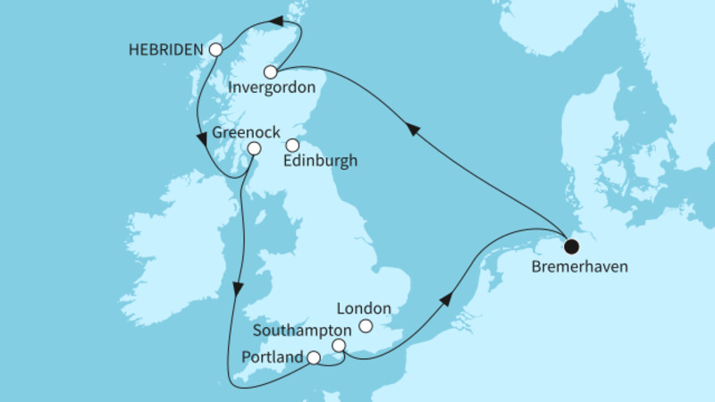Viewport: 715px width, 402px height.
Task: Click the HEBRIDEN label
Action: (167, 50)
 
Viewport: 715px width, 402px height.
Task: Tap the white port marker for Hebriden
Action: (214, 51)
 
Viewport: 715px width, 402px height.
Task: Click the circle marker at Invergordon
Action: (270, 71)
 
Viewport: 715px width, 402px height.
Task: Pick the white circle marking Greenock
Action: (254, 148)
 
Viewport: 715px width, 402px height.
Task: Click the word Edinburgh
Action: (319, 162)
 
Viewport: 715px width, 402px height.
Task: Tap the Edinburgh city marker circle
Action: (291, 145)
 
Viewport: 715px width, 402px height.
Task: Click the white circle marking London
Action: (366, 327)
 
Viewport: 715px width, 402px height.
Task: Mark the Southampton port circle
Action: (339, 346)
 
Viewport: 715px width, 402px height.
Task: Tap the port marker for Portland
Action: (314, 358)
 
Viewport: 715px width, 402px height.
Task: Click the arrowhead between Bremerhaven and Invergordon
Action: (413, 130)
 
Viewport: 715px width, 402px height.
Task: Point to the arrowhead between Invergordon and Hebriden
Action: (277, 21)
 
